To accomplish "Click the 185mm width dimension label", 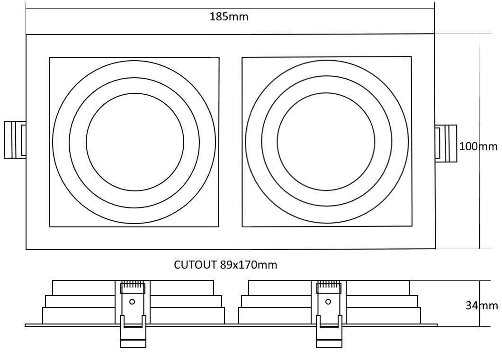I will coord(229,18).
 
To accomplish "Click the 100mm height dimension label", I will coord(478,146).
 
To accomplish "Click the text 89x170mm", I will coord(249,265).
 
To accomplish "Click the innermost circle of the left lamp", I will coord(135,142).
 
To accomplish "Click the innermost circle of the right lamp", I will coord(326,142).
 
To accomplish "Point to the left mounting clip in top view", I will coord(15,140).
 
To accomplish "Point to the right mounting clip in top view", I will coord(446,144).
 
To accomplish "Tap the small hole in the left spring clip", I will coord(132,301).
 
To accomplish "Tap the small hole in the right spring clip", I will coord(328,301).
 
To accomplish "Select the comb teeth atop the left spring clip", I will coord(133,285).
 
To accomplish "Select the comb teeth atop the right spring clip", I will coord(328,285).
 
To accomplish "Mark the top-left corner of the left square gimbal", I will coord(49,58).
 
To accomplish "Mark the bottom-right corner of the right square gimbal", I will coord(411,225).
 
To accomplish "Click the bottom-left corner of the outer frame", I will coord(26,249).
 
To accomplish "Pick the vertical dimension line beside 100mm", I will coord(479,95).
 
